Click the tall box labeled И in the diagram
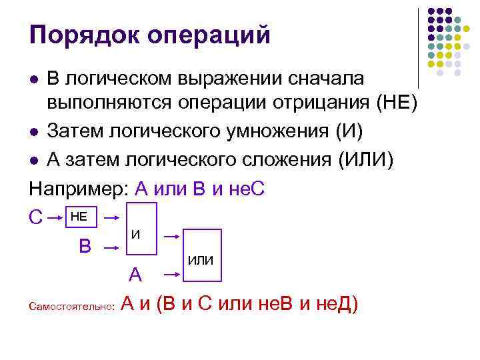coord(142,235)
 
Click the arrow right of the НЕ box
coord(113,217)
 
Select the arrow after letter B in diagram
coord(112,246)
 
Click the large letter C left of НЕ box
coord(37,218)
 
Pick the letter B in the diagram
coord(85,246)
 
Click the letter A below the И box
coord(135,275)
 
